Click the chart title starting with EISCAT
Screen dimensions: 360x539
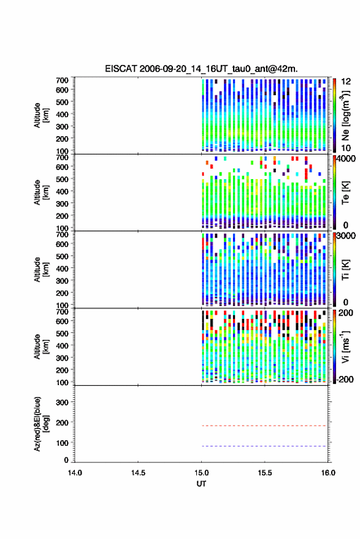(x=201, y=69)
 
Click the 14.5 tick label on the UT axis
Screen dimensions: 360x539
(x=138, y=473)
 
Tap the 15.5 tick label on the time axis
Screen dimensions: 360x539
(x=265, y=473)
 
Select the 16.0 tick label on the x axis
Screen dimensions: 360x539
(x=328, y=473)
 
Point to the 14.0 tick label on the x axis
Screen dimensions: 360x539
(x=75, y=473)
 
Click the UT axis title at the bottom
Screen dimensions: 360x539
(x=201, y=484)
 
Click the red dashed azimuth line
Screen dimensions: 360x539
(x=264, y=426)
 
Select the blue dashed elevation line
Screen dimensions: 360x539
(x=264, y=446)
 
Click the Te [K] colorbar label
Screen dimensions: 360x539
(x=345, y=193)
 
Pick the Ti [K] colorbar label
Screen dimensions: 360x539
(x=345, y=270)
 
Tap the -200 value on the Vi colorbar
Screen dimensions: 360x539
(x=345, y=379)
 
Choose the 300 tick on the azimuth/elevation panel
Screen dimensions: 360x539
(x=62, y=402)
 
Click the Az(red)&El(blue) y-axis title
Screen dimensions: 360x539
(x=41, y=424)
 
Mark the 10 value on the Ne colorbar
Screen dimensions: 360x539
(x=346, y=148)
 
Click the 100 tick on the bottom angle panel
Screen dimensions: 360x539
(x=62, y=443)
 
